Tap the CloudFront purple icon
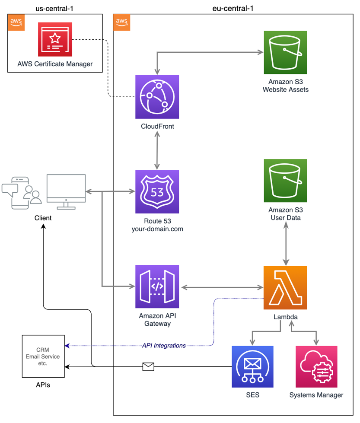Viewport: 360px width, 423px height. pos(157,97)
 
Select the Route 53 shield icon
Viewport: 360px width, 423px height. pos(157,191)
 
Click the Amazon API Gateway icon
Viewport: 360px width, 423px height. pos(157,287)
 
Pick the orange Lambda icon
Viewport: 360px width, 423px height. pos(285,287)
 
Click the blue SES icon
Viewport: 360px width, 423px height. pos(253,366)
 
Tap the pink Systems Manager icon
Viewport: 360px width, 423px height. pos(317,366)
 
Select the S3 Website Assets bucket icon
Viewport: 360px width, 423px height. pos(285,52)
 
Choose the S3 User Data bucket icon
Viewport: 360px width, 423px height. pos(285,181)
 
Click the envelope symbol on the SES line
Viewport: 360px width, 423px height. pos(148,367)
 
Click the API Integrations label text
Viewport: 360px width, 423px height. pos(164,346)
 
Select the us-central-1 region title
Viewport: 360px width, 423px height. pos(54,8)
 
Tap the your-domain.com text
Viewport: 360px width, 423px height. pos(157,229)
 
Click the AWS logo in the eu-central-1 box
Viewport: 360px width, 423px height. pos(121,22)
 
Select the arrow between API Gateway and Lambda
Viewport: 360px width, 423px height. pos(222,287)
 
